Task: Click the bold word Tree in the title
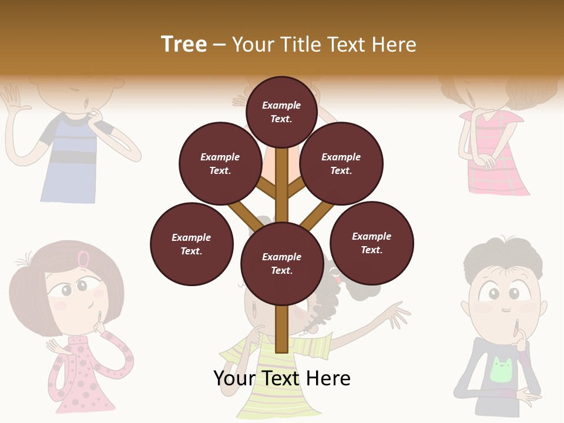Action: click(x=184, y=45)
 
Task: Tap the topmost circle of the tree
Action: click(x=281, y=112)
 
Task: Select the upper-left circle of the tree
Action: click(x=220, y=163)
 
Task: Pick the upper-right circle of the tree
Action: click(x=341, y=163)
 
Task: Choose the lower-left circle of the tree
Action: click(x=192, y=244)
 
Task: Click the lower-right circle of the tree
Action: click(x=372, y=243)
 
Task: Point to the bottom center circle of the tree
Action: click(x=282, y=264)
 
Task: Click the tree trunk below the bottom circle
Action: click(x=282, y=329)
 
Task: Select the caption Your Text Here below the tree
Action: click(x=282, y=378)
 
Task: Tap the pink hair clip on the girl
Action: click(x=84, y=258)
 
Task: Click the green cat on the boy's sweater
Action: click(x=501, y=370)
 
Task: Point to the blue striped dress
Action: click(x=69, y=164)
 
